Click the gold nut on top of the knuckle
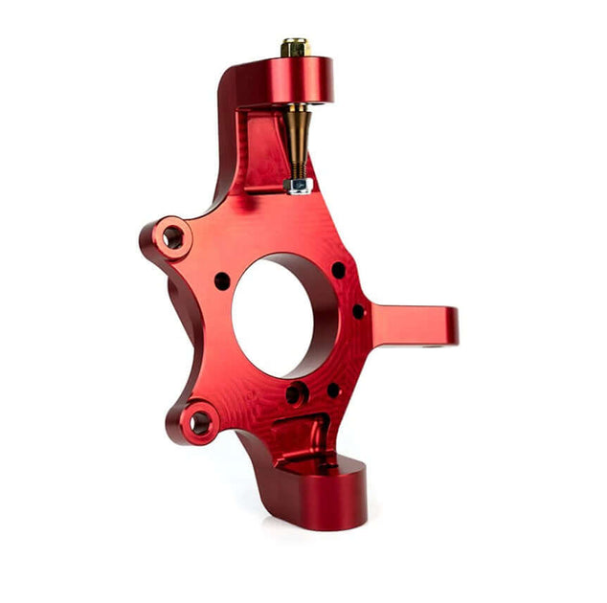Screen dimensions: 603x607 (x=295, y=47)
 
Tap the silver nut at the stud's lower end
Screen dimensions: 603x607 (x=300, y=185)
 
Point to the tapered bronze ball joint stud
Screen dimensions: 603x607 (x=297, y=134)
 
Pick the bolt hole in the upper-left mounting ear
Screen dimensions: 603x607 (x=172, y=236)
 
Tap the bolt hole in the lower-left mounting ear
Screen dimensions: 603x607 (x=198, y=421)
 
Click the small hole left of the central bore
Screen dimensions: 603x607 (x=222, y=281)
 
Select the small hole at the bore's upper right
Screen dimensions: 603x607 (x=338, y=271)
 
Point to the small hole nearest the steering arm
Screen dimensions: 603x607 (x=358, y=311)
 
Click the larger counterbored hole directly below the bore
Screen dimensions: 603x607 (x=297, y=393)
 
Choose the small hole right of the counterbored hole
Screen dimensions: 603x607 (x=333, y=390)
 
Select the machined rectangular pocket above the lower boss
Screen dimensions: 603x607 (x=297, y=435)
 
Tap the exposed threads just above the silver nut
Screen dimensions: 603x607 (x=299, y=171)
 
